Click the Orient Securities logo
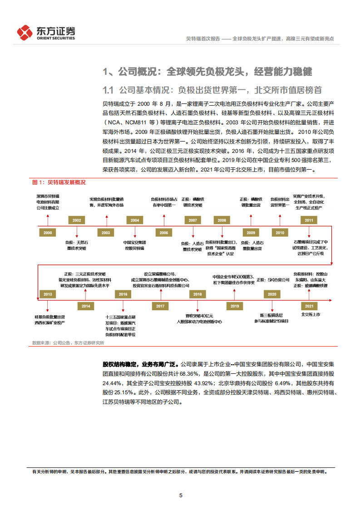pos(46,32)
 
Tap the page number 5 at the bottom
pos(181,495)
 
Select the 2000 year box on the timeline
pos(48,232)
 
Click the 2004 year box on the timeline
pos(135,220)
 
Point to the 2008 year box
pos(222,220)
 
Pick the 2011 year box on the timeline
pos(309,220)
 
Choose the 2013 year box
pos(48,294)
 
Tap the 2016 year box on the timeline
pos(123,294)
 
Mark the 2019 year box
pos(235,306)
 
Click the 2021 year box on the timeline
pos(309,306)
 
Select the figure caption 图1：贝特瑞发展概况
pos(59,182)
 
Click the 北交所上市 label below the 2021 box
pos(311,314)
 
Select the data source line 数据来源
pos(68,343)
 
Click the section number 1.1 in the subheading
pos(108,89)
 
